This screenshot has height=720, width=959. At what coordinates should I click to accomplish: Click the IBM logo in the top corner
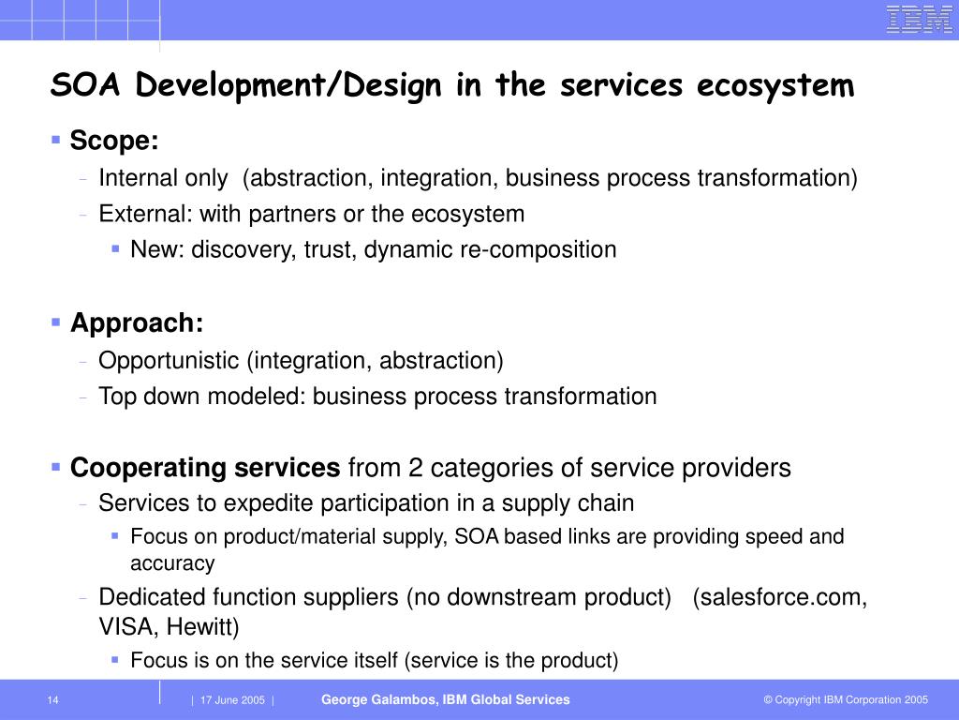(x=919, y=19)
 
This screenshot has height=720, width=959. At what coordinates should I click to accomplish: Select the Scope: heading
(x=114, y=142)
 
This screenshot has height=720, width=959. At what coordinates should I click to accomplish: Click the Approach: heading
(x=137, y=323)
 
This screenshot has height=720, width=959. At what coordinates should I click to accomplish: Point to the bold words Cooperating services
(x=205, y=468)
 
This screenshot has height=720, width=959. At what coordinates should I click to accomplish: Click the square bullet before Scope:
(x=56, y=141)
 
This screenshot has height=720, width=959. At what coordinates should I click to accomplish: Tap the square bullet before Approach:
(x=56, y=322)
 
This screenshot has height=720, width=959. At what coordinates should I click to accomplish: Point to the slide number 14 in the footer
(x=52, y=700)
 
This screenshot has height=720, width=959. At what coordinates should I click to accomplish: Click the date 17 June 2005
(x=232, y=700)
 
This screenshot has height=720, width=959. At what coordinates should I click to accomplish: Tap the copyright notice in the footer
(x=845, y=700)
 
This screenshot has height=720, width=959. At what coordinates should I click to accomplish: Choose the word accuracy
(x=172, y=563)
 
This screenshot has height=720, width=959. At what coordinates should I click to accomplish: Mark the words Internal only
(x=163, y=178)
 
